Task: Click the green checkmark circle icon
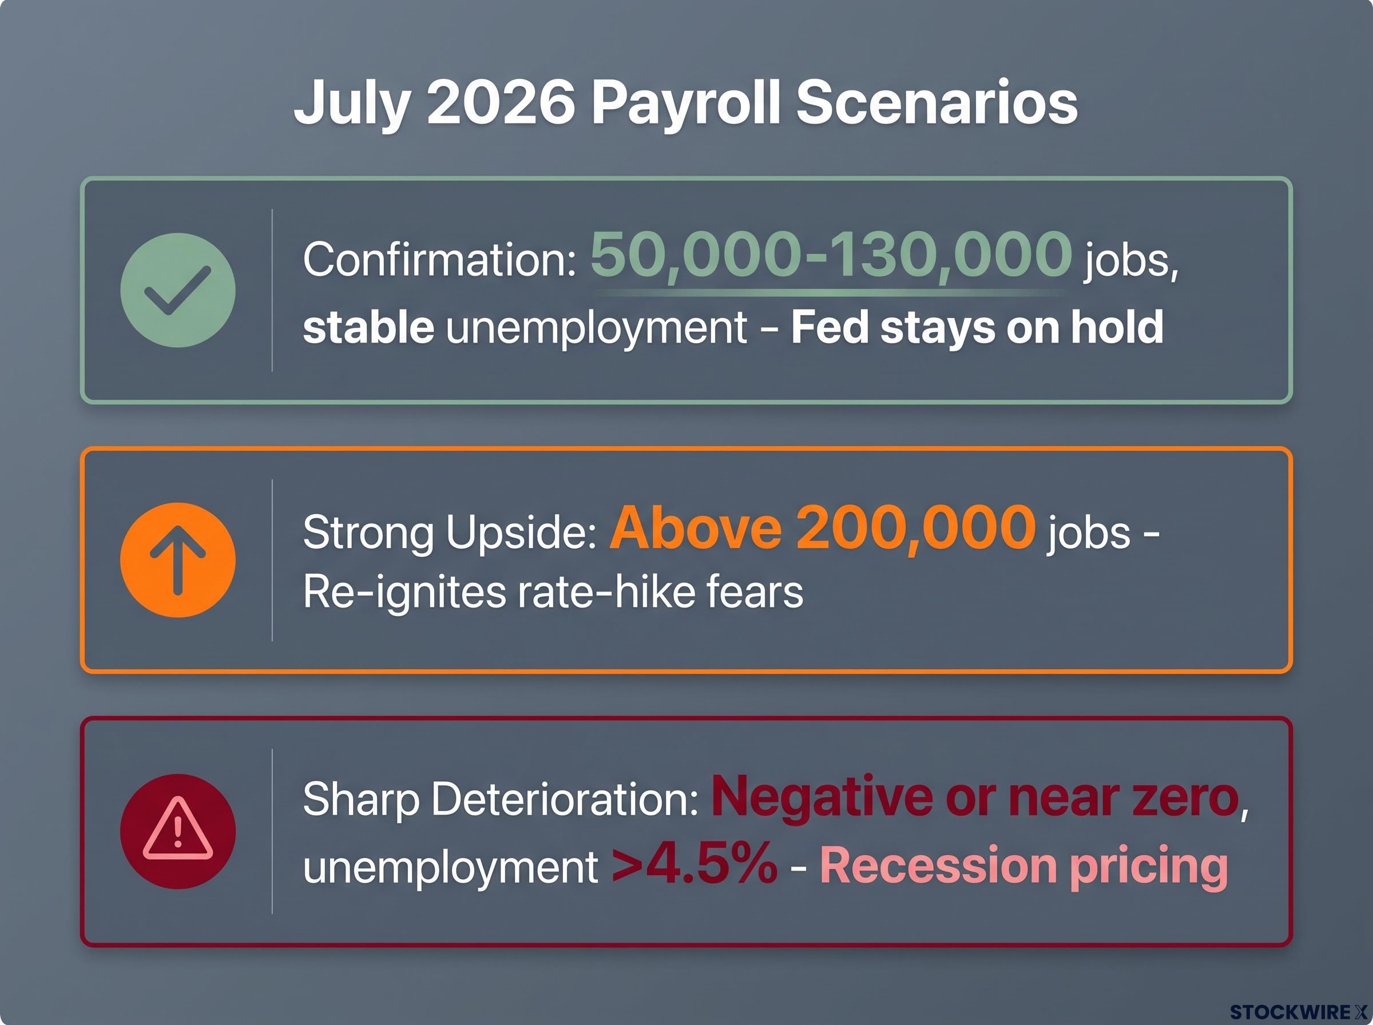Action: coord(178,290)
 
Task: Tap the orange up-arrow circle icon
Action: coord(178,559)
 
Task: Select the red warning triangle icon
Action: coord(178,831)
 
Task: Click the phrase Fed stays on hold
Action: coord(977,327)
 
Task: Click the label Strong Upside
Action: coord(450,533)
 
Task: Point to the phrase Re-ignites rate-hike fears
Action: coord(553,592)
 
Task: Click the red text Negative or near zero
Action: coord(975,797)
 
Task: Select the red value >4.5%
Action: coord(695,864)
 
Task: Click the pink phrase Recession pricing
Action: coord(1023,866)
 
